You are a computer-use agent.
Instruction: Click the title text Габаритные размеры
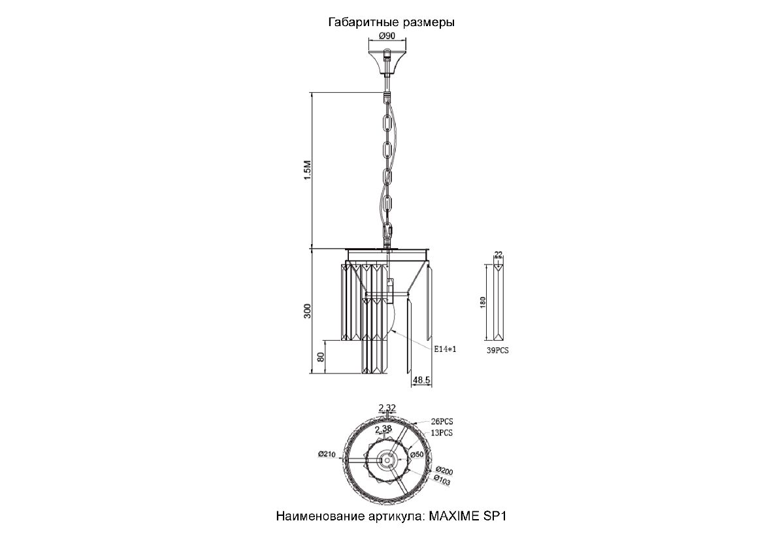point(391,22)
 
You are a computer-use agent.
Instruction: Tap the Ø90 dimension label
point(387,36)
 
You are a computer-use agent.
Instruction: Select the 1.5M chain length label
point(307,170)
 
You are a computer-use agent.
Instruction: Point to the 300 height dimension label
point(307,311)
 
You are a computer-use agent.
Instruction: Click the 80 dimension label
point(321,357)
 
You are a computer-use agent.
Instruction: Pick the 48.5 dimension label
point(421,380)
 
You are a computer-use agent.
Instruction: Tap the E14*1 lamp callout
point(445,349)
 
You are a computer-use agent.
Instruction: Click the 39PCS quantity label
point(497,351)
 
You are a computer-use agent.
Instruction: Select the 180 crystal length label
point(483,302)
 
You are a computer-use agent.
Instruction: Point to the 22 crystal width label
point(498,254)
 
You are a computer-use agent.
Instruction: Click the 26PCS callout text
point(442,422)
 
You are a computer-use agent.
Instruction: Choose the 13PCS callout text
point(442,433)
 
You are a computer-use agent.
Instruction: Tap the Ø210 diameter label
point(327,454)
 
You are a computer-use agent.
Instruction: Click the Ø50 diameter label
point(417,454)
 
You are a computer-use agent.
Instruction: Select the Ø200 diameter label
point(444,471)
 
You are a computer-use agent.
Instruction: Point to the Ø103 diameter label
point(442,480)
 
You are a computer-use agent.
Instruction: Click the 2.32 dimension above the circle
point(387,408)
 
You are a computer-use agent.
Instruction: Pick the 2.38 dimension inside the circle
point(384,429)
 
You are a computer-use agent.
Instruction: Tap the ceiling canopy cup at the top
point(387,63)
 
